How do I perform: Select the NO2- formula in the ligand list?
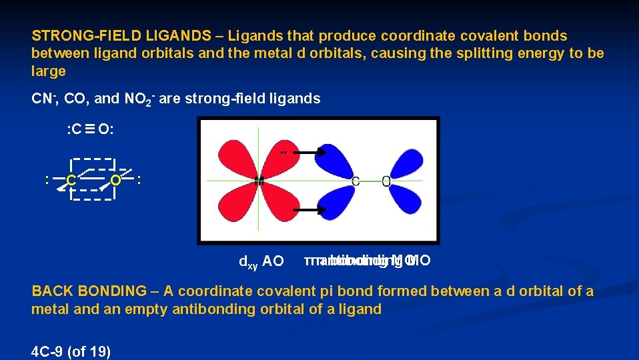pos(139,99)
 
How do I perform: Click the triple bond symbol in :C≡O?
pos(89,129)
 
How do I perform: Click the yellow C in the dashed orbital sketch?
pos(70,180)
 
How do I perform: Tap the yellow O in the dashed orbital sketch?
pos(115,180)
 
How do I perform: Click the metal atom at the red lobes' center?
pos(259,181)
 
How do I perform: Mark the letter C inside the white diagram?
pos(356,181)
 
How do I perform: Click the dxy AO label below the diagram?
pos(261,261)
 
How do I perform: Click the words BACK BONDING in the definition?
pos(89,291)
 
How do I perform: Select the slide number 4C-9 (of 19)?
pos(71,351)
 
